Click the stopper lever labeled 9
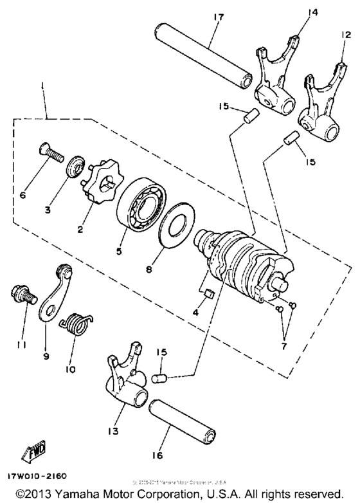[54, 295]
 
